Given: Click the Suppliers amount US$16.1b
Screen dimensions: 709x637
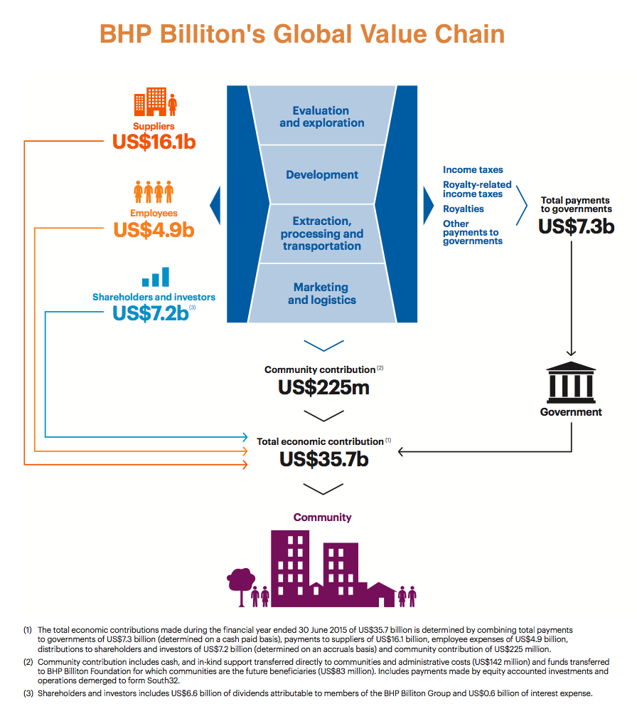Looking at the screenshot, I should click(154, 142).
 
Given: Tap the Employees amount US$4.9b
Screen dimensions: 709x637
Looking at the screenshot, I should click(154, 230).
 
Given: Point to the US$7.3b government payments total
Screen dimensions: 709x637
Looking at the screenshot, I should click(576, 226).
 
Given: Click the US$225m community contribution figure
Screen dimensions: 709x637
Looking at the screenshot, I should click(323, 389).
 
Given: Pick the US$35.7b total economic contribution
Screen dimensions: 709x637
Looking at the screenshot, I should click(323, 459).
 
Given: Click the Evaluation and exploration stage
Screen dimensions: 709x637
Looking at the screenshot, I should click(322, 117).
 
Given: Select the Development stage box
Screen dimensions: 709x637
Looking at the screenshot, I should click(322, 175).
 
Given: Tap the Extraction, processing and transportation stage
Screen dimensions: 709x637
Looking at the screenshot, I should click(322, 233).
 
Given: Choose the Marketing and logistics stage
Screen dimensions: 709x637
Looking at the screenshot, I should click(322, 293).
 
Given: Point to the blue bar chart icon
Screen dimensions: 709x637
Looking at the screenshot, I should click(155, 277).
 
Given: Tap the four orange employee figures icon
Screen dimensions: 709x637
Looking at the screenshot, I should click(154, 191).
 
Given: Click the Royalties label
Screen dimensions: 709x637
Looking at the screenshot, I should click(464, 209).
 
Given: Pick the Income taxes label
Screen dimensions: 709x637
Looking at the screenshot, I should click(473, 170).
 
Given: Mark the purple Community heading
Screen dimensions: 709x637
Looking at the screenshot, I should click(323, 518).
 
